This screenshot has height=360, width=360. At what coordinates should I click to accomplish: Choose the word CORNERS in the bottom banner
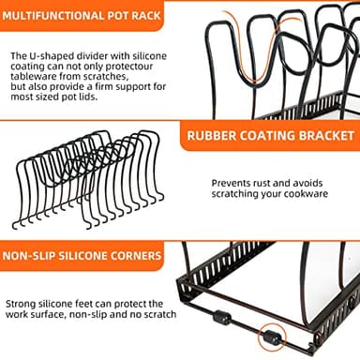139,255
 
